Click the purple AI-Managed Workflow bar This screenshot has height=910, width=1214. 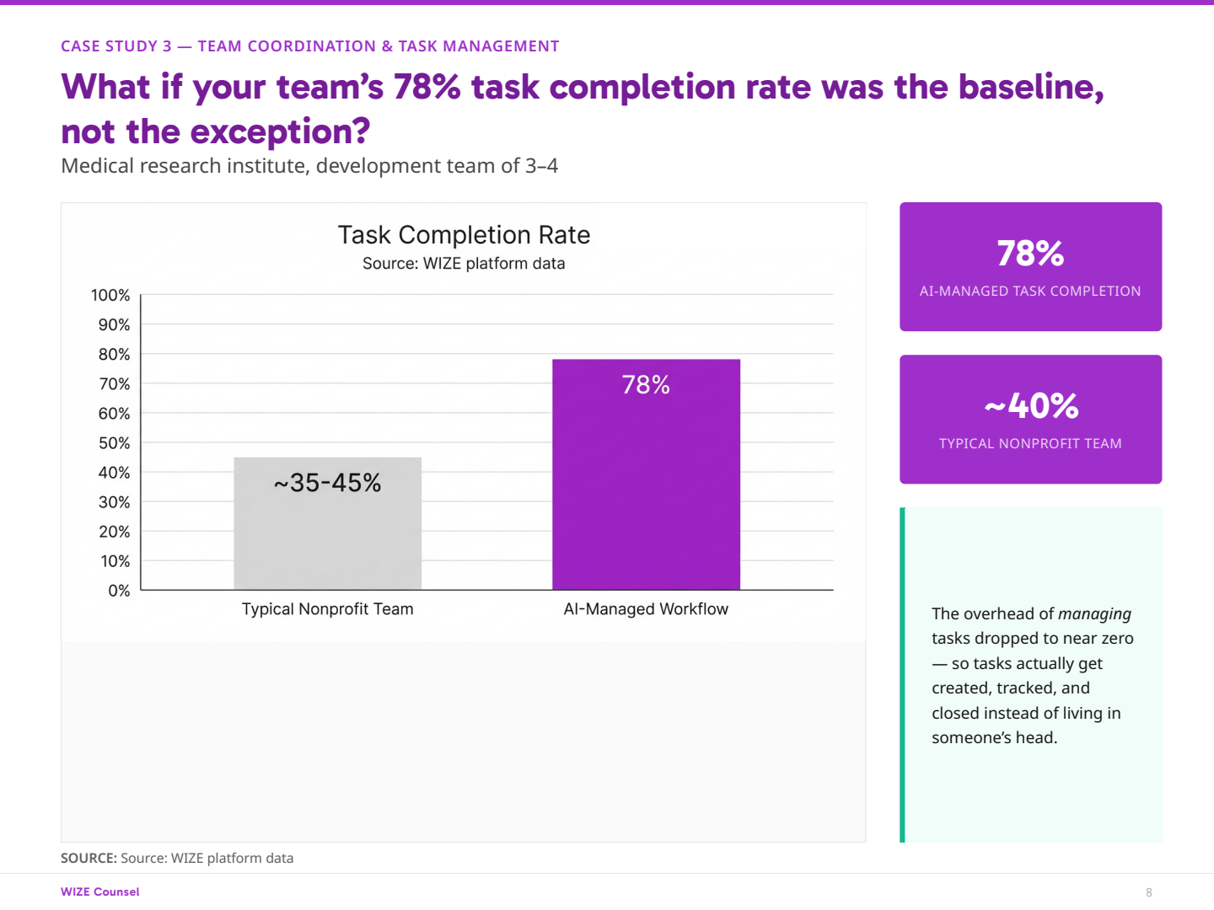point(646,489)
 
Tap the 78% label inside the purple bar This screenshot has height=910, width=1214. point(646,385)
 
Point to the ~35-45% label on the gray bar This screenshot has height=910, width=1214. point(327,483)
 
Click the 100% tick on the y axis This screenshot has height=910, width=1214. point(110,295)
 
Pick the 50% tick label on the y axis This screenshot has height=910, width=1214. point(114,443)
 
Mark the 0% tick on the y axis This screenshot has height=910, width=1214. point(119,591)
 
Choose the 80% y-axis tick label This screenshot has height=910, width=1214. point(114,355)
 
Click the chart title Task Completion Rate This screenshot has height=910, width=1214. point(464,235)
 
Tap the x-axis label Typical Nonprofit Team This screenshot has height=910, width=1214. point(327,609)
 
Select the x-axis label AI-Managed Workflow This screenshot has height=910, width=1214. point(646,609)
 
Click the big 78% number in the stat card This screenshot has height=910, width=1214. point(1030,254)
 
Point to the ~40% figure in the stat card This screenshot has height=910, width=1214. point(1030,406)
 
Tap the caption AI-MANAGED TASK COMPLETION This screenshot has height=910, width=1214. point(1030,292)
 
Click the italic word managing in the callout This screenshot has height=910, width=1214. point(1094,614)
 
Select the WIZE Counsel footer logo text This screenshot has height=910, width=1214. point(100,891)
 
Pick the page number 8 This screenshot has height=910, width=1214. point(1149,892)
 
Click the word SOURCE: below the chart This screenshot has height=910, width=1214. point(89,859)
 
